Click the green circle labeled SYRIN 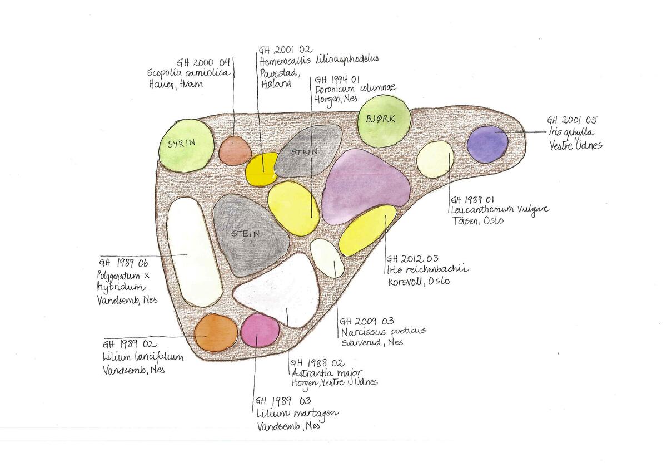[x=185, y=143]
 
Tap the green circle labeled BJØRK [x=384, y=121]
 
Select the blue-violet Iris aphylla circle [x=487, y=144]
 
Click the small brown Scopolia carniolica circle [x=232, y=150]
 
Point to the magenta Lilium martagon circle [x=258, y=330]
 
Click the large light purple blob [x=365, y=184]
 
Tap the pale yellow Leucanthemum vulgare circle [x=435, y=159]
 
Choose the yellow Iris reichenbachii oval [x=367, y=230]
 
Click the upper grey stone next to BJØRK [x=308, y=150]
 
